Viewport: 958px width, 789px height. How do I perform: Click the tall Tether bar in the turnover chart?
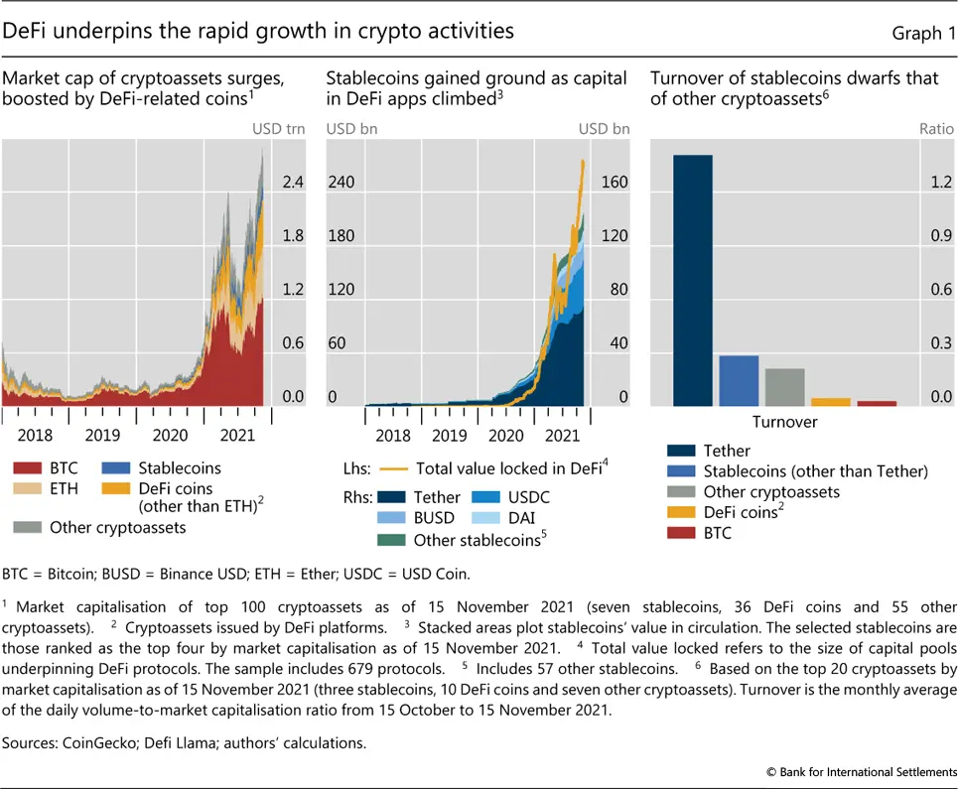693,280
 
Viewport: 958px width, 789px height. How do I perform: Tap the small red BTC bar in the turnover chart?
877,403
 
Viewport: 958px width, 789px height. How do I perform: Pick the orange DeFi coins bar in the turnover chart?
831,401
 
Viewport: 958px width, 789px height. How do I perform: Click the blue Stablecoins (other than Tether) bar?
739,380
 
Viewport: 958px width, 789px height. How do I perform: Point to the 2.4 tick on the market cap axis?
293,183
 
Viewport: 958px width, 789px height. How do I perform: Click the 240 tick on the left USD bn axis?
342,183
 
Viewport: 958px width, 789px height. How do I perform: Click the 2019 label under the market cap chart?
103,436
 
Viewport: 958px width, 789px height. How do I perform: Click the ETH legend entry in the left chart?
50,489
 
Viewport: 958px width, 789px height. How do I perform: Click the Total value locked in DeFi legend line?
397,469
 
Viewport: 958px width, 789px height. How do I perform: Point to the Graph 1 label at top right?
916,34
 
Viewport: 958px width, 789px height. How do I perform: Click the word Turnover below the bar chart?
784,422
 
